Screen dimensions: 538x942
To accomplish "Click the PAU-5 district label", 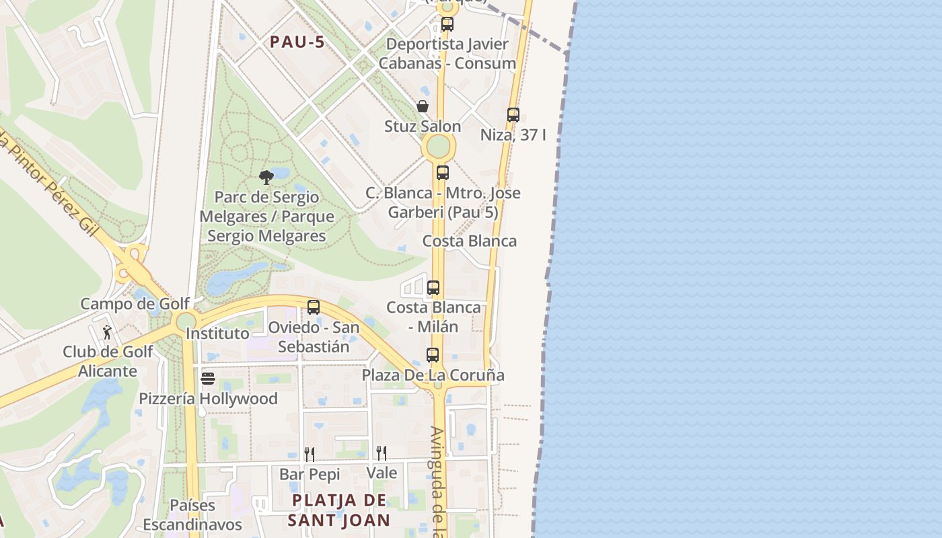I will [297, 42].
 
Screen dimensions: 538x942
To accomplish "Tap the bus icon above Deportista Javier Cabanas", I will [447, 24].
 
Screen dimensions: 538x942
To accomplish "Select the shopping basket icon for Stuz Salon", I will [423, 106].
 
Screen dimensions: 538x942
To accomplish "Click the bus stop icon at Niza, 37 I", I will [513, 115].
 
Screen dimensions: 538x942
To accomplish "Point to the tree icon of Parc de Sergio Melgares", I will [266, 178].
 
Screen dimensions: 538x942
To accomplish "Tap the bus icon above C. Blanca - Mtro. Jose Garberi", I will [442, 172].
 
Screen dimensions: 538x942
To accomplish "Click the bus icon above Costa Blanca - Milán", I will [433, 288].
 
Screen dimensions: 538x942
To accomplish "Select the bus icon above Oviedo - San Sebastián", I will [314, 307].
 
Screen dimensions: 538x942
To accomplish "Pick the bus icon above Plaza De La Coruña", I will [433, 355].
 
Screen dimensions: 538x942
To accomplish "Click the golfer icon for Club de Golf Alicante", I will [107, 332].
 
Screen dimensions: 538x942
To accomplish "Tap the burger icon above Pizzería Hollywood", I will [208, 379].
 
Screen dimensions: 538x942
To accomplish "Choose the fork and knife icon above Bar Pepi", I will [310, 454].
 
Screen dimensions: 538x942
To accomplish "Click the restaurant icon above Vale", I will [382, 453].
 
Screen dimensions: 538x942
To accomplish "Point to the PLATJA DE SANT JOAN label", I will [339, 510].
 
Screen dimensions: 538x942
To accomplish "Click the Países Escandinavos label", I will [192, 515].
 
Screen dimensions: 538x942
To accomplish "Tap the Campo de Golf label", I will [135, 303].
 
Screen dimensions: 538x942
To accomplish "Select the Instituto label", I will [217, 334].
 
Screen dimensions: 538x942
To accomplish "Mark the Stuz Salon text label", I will [423, 126].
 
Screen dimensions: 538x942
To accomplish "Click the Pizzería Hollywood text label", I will [208, 399].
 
